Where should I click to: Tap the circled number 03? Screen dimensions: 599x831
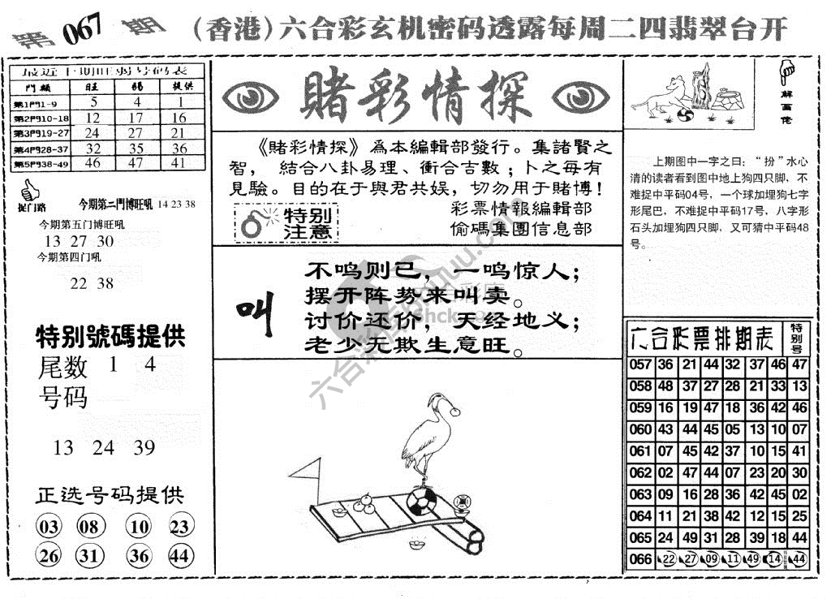(49, 528)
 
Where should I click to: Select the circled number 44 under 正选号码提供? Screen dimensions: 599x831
(181, 556)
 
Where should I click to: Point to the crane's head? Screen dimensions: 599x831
(439, 400)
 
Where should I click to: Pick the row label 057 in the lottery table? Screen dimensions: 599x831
(640, 365)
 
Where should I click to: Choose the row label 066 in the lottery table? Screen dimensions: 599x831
(640, 558)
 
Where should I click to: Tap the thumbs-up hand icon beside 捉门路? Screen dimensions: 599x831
(29, 192)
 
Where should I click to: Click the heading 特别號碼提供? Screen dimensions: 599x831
(111, 335)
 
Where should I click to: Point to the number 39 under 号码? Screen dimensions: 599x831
(144, 447)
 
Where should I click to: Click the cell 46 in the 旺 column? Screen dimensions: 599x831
(93, 162)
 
